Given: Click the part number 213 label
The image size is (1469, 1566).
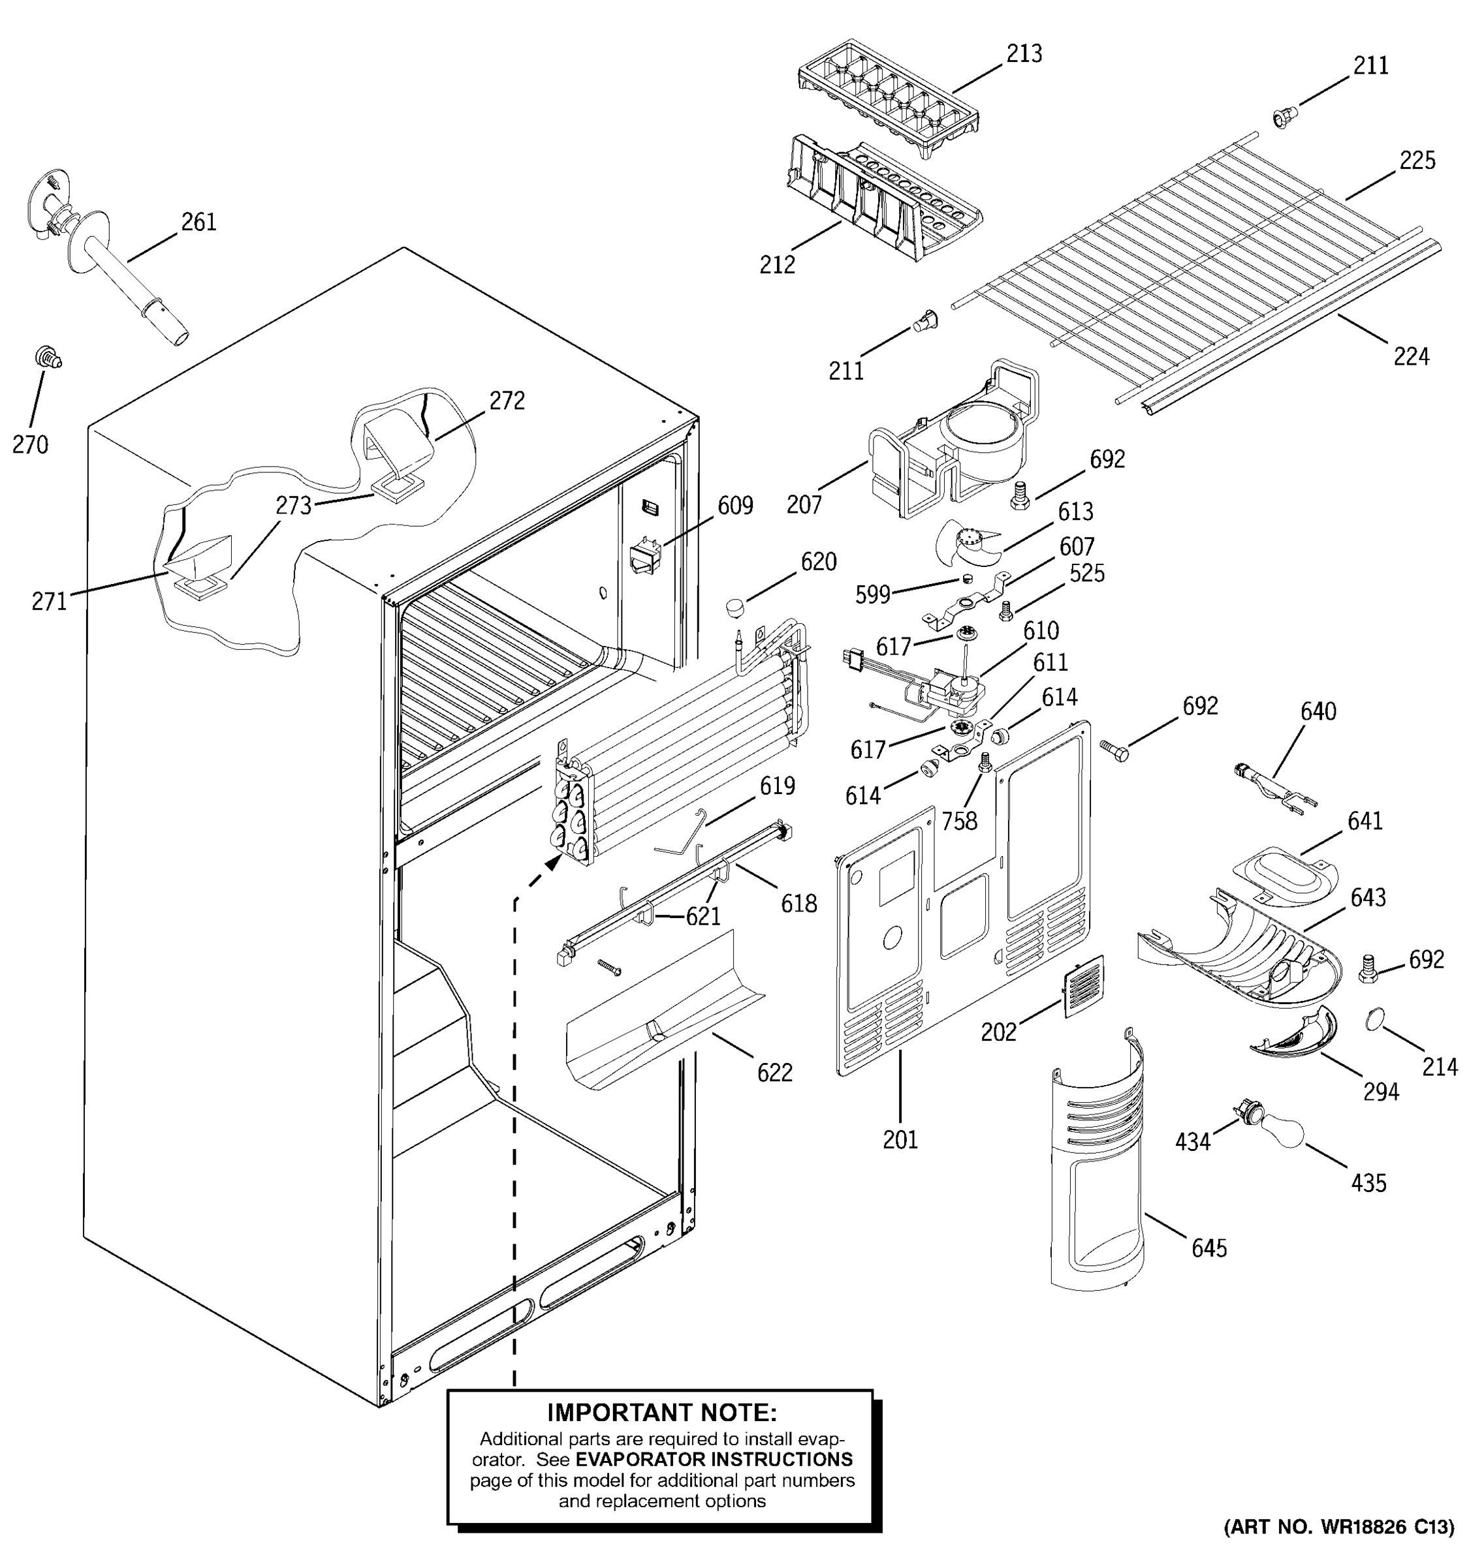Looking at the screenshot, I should [1024, 54].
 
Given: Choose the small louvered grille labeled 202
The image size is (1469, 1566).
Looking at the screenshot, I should [1084, 985].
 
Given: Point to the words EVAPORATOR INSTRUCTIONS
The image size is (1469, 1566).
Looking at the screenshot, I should [714, 1458].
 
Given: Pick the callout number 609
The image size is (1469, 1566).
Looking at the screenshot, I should [734, 506].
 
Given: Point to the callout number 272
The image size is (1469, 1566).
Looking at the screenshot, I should [507, 401].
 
